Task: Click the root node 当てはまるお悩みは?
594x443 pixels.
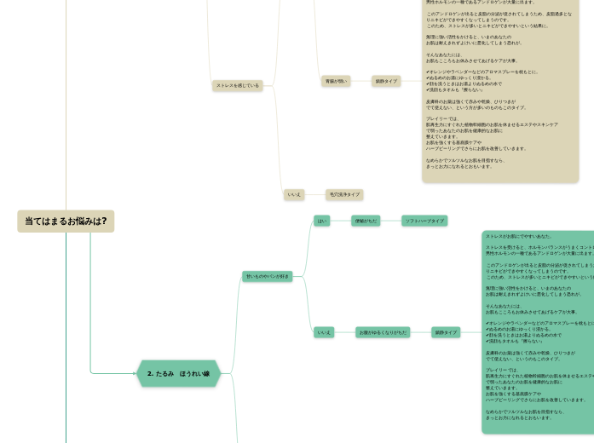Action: point(66,221)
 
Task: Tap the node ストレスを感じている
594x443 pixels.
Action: point(237,85)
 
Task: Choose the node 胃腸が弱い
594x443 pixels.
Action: point(335,81)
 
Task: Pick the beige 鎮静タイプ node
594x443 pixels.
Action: point(385,81)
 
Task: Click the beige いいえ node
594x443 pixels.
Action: point(294,195)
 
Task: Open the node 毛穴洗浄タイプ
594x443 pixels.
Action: point(344,195)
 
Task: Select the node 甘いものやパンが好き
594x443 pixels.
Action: point(268,276)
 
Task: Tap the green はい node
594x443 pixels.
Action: point(322,221)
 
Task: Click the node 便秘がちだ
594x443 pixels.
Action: point(366,221)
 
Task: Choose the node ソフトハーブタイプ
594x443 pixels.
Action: point(424,221)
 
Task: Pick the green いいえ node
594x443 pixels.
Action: point(324,332)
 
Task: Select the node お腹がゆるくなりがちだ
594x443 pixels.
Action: point(383,332)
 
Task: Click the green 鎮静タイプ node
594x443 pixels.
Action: point(446,332)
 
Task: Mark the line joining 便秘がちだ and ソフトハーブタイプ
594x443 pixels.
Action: point(391,221)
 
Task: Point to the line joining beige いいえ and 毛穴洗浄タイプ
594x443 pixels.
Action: point(314,195)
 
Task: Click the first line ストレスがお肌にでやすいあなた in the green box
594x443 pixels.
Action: point(517,236)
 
